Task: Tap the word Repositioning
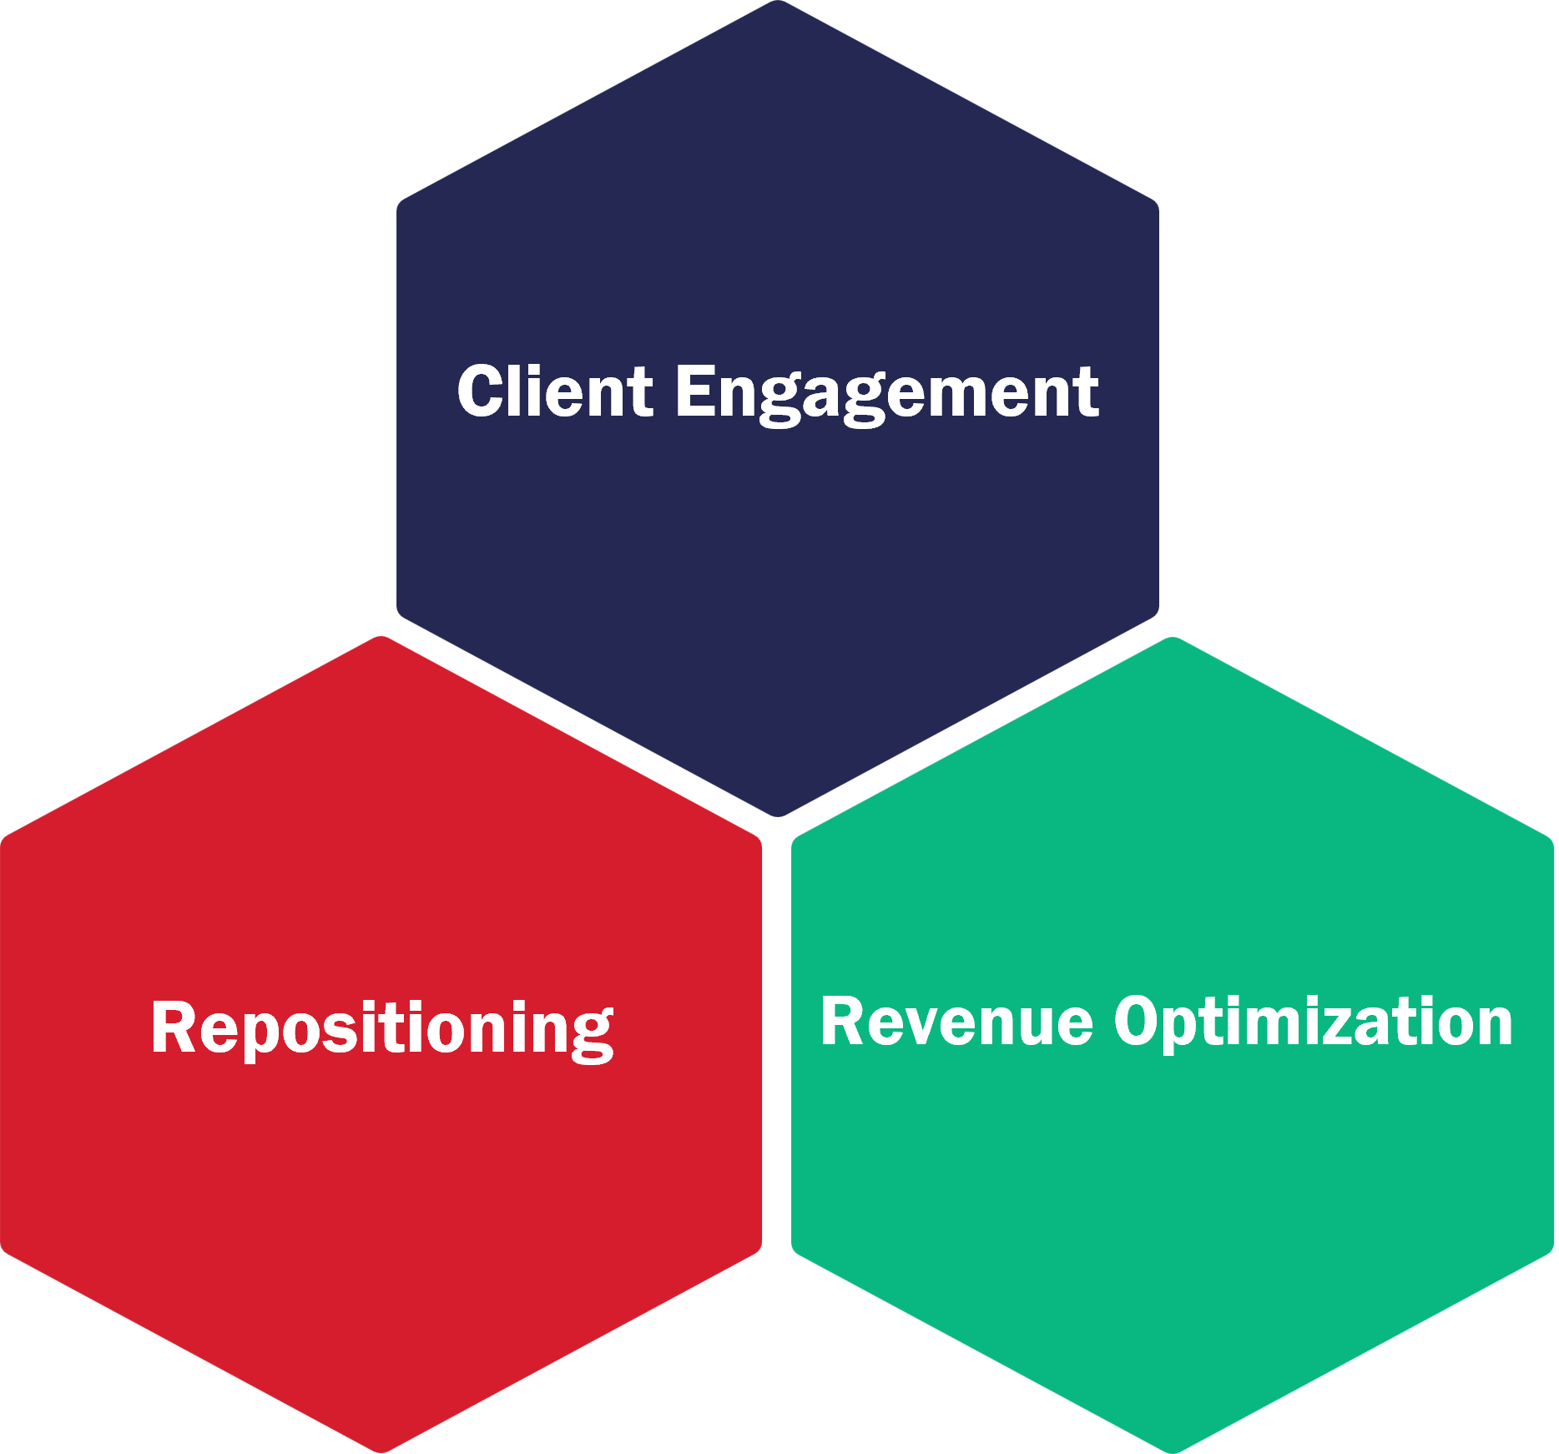click(382, 1028)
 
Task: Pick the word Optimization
click(1314, 1022)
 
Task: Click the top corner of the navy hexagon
click(778, 3)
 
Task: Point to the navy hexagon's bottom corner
click(778, 815)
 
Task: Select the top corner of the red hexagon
click(381, 639)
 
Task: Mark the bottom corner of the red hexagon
click(381, 1451)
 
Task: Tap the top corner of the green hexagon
click(1173, 639)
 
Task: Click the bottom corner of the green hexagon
click(1173, 1451)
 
